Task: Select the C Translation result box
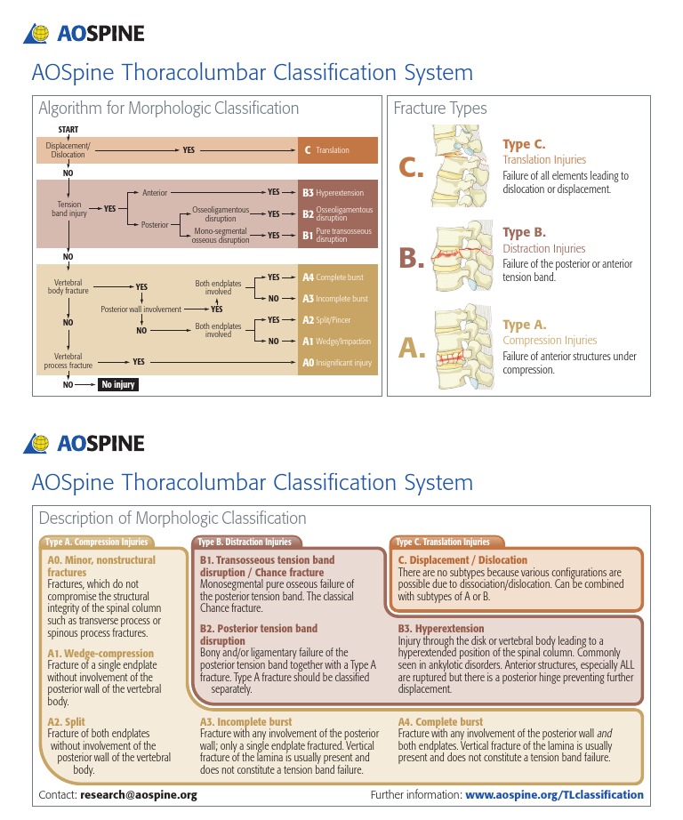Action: coord(338,150)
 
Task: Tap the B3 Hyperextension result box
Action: coord(338,192)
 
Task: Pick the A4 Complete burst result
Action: coord(338,277)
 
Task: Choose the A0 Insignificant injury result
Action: coord(338,362)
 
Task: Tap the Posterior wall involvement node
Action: coord(141,310)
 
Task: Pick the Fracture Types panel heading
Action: coord(440,109)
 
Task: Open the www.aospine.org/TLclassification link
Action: coord(554,794)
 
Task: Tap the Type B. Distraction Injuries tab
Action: coord(245,542)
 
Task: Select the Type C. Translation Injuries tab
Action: coord(443,542)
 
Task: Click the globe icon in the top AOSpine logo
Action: coord(39,34)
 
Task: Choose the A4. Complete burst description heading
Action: coord(441,722)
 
